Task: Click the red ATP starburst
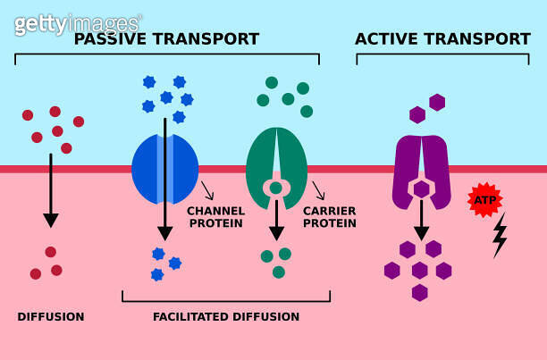click(x=485, y=199)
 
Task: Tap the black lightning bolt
click(x=500, y=235)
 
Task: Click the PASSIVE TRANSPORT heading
click(x=166, y=39)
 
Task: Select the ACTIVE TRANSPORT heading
click(x=442, y=39)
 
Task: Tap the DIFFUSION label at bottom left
click(x=51, y=316)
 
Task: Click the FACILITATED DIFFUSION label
click(x=226, y=316)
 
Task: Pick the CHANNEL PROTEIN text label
click(x=215, y=217)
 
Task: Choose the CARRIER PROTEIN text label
click(x=330, y=217)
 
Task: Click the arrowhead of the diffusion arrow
click(x=51, y=220)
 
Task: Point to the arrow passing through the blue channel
click(x=164, y=179)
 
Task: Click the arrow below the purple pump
click(x=421, y=222)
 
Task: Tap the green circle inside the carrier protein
click(x=276, y=188)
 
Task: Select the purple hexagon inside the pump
click(x=421, y=189)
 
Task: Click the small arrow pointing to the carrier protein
click(x=318, y=190)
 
